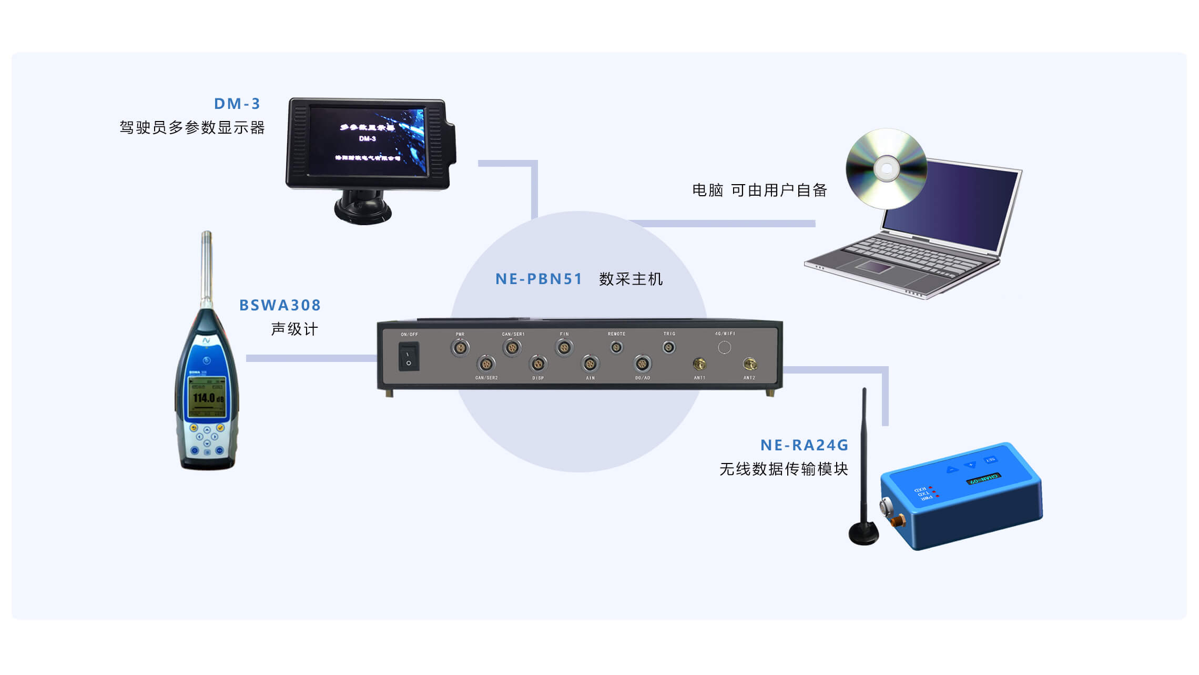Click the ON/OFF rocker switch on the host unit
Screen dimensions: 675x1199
pyautogui.click(x=409, y=357)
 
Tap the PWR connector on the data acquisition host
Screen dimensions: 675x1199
pyautogui.click(x=460, y=348)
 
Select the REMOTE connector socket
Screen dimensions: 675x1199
pyautogui.click(x=616, y=347)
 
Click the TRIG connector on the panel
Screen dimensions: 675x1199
pyautogui.click(x=668, y=347)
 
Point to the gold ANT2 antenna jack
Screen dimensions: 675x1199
pyautogui.click(x=749, y=364)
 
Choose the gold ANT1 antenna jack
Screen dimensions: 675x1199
pyautogui.click(x=699, y=364)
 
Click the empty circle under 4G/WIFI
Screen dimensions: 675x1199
pyautogui.click(x=724, y=347)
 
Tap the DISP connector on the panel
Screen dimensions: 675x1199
pyautogui.click(x=537, y=364)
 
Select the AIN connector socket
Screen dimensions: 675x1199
pyautogui.click(x=590, y=364)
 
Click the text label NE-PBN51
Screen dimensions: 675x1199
pyautogui.click(x=538, y=279)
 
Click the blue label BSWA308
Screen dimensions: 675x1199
pyautogui.click(x=280, y=305)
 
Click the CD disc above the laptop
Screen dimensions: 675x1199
pyautogui.click(x=887, y=168)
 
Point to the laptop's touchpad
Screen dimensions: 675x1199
pyautogui.click(x=875, y=267)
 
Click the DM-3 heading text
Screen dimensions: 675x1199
pyautogui.click(x=237, y=104)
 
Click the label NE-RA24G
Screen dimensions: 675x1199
pyautogui.click(x=804, y=445)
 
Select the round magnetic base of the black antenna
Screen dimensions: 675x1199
pyautogui.click(x=863, y=533)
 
